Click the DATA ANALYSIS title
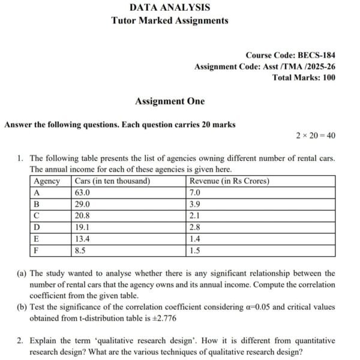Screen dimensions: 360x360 pos(170,8)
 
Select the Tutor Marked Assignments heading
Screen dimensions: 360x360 pos(170,20)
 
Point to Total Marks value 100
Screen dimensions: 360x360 pos(328,77)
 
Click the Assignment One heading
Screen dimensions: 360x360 pos(170,101)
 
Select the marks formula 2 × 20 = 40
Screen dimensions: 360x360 pos(316,136)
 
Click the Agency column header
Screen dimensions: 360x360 pos(47,181)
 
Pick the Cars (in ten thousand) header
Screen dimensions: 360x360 pos(112,181)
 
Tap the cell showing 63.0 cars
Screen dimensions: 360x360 pos(82,193)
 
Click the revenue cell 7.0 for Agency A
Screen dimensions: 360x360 pos(194,193)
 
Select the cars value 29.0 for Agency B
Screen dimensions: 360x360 pos(82,204)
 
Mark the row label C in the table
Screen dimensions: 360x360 pos(37,215)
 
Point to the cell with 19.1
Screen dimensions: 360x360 pos(82,227)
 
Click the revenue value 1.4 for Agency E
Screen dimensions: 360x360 pos(194,239)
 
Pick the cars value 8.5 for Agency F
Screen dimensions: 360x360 pos(80,250)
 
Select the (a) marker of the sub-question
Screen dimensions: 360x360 pos(22,273)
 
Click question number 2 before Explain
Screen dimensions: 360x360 pos(20,340)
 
